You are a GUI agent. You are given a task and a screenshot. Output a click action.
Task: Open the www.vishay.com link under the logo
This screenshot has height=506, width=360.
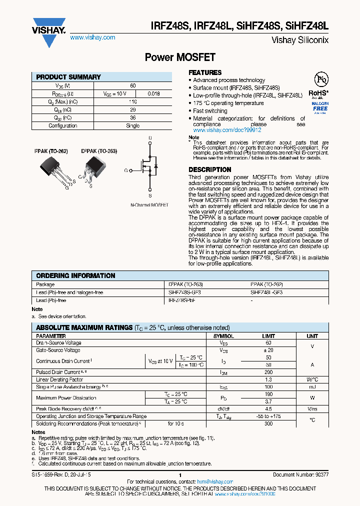point(92,37)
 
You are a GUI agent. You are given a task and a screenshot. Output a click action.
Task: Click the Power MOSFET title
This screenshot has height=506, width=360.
point(179,57)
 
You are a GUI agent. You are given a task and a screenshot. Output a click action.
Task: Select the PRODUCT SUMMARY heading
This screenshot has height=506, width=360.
point(68,77)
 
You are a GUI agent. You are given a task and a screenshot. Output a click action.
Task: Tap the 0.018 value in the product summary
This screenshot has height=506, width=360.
point(153,93)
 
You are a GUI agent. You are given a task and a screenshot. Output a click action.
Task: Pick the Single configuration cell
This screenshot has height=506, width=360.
point(132,125)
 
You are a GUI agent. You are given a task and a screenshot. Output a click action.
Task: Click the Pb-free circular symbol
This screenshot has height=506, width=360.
point(321,80)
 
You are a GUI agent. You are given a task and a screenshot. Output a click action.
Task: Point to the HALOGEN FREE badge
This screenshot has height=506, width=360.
point(320,107)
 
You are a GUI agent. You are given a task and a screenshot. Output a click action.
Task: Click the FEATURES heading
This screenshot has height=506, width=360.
point(205,72)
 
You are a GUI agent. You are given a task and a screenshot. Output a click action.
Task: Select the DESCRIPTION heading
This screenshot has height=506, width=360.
point(210,169)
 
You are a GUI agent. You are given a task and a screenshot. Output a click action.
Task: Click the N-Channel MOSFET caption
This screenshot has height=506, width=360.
point(149,205)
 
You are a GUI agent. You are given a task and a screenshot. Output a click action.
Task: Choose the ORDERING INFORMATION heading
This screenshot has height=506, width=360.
point(75,275)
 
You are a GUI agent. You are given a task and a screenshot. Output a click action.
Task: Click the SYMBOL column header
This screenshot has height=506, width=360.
point(223,336)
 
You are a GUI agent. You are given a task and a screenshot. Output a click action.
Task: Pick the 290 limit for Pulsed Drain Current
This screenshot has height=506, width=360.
point(269,372)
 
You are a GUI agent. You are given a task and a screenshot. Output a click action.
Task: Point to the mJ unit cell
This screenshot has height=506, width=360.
point(312,387)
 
